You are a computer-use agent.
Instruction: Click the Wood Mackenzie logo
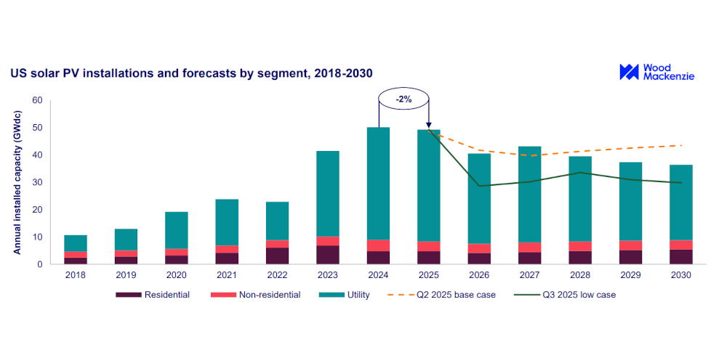tap(656, 72)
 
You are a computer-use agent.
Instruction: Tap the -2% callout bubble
tap(403, 99)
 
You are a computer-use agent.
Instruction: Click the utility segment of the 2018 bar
tap(76, 243)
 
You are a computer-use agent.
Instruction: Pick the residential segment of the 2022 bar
tap(277, 256)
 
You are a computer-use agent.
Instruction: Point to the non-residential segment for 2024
tap(378, 245)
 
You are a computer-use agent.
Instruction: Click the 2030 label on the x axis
tap(680, 276)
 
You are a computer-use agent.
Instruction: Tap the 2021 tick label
tap(227, 276)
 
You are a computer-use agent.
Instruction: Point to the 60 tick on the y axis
tap(38, 100)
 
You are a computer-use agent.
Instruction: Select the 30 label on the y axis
tap(38, 182)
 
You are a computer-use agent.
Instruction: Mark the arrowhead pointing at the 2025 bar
tap(428, 124)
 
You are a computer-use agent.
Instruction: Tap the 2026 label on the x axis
tap(478, 276)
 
